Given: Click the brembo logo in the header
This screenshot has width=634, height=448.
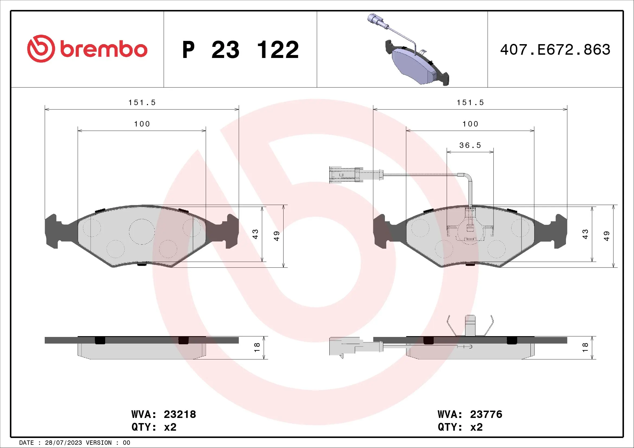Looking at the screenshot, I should [x=87, y=49].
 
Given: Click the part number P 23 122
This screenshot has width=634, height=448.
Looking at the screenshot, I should [x=240, y=50].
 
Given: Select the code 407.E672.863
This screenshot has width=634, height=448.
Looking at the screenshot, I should [x=555, y=50].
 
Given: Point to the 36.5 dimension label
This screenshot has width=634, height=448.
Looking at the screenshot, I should [x=470, y=145].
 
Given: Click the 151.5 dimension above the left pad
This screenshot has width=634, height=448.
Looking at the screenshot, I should [x=142, y=103].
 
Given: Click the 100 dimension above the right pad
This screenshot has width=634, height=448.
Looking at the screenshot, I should [x=470, y=124].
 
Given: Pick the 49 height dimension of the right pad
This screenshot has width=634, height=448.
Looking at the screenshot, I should [x=606, y=236].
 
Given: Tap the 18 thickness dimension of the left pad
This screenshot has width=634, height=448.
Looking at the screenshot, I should [x=257, y=347].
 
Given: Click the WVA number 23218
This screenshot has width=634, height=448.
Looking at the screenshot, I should [x=180, y=414].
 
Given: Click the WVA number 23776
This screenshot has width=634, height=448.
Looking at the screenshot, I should [x=486, y=414].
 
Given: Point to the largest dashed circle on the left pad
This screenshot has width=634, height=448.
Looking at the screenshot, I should [x=142, y=232].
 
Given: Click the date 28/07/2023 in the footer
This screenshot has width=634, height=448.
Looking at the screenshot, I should [x=63, y=443].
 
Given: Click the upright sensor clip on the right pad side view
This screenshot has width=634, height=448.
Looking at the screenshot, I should [x=470, y=326].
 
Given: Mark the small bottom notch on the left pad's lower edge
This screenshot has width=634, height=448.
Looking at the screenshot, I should [x=142, y=264].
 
